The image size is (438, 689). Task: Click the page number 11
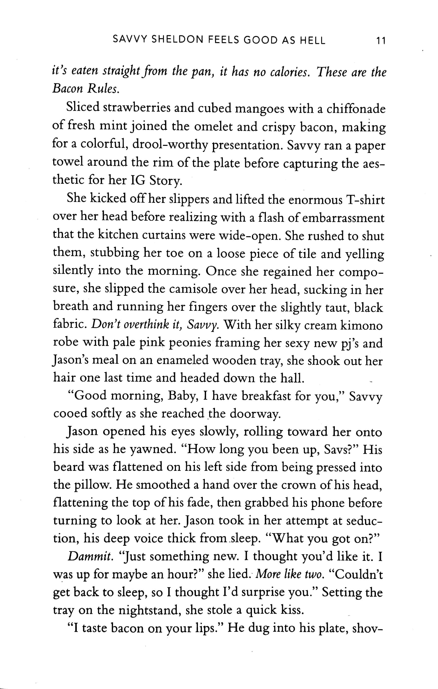point(381,41)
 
